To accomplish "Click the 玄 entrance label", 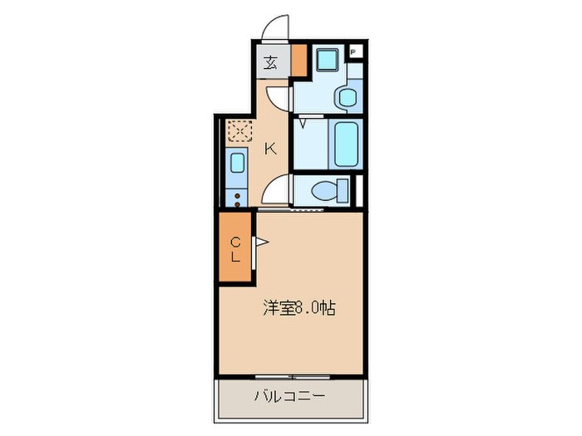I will point(271,62).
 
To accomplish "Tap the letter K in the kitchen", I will point(270,149).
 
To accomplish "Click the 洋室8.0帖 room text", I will point(299,308).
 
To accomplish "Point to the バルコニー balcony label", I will point(290,396).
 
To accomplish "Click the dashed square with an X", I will point(239,132).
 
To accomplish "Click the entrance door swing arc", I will point(274,27).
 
